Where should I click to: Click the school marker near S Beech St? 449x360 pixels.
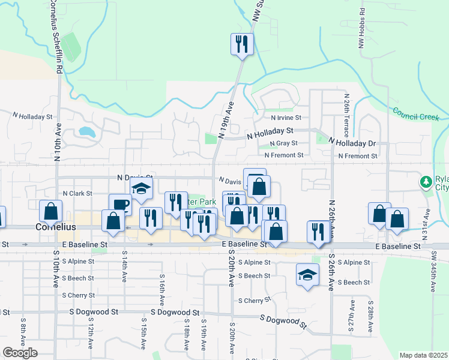click(x=307, y=275)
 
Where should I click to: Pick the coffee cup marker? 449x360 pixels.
click(x=120, y=205)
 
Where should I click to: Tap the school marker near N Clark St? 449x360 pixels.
click(x=142, y=189)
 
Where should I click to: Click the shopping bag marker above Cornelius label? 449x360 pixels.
click(x=50, y=211)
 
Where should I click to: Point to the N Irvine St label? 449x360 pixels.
click(x=286, y=118)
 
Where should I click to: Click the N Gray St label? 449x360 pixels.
click(x=283, y=143)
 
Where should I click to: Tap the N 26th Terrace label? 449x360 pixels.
click(x=347, y=114)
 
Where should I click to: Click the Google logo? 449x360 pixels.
click(x=20, y=353)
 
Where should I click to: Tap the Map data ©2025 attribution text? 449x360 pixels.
click(x=424, y=355)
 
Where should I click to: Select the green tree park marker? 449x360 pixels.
click(x=426, y=181)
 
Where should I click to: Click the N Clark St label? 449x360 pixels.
click(x=77, y=194)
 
